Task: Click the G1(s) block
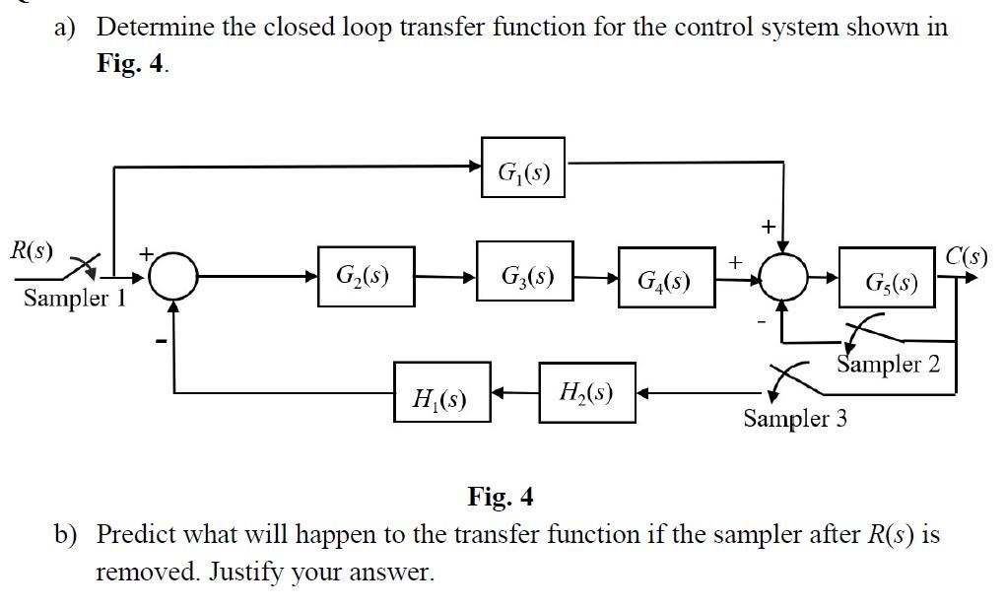click(523, 167)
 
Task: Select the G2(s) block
click(366, 277)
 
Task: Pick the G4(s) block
click(667, 277)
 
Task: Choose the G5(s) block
click(887, 277)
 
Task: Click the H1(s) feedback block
click(442, 392)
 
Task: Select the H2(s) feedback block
click(587, 392)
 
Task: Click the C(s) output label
click(967, 256)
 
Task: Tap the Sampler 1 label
click(75, 298)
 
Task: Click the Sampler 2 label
click(888, 364)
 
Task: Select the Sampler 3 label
click(795, 418)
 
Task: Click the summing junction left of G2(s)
click(173, 277)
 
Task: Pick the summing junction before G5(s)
click(783, 277)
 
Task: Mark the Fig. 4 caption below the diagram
click(501, 497)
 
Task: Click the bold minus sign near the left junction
click(162, 341)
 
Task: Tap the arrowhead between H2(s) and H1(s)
click(499, 392)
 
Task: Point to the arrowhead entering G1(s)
click(474, 167)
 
